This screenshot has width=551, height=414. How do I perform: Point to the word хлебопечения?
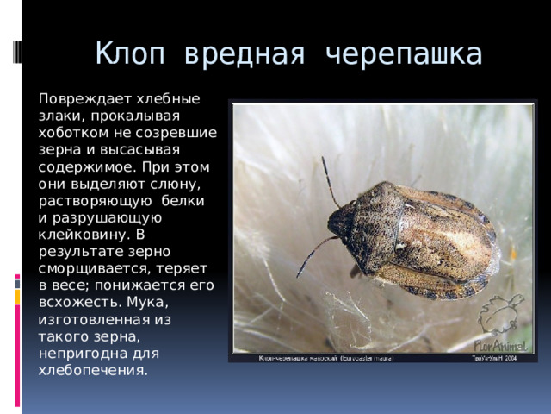coord(92,370)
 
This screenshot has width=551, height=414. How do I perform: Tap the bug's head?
coord(341,223)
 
